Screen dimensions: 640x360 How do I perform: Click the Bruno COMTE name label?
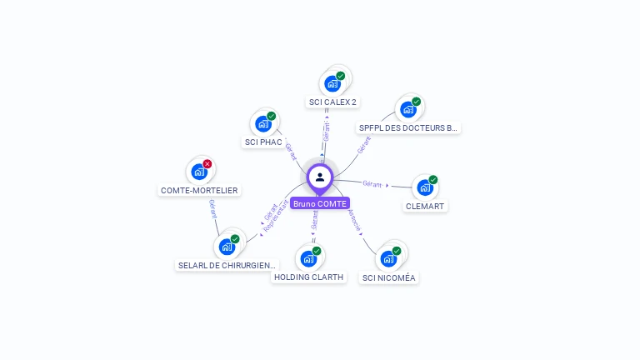320,203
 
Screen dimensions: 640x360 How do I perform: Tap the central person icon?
320,177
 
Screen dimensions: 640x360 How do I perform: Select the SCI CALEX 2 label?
332,102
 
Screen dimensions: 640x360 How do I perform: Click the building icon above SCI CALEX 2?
332,83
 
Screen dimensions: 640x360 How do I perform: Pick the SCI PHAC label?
263,142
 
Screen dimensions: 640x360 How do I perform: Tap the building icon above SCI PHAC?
263,124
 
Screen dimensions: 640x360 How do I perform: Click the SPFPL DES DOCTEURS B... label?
408,128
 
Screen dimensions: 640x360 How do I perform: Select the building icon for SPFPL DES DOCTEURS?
407,109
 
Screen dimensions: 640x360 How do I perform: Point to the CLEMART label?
425,206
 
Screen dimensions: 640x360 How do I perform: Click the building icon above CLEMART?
425,187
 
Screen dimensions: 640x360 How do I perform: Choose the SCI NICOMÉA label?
388,278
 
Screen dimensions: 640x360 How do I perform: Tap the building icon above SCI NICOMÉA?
388,258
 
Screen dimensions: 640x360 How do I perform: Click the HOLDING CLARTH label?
308,277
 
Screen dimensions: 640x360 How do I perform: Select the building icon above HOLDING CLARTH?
308,258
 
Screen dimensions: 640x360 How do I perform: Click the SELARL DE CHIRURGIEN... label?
227,266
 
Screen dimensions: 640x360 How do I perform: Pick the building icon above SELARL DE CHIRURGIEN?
227,247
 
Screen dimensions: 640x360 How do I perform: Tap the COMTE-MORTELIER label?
199,191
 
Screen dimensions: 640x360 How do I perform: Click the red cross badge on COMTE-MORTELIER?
207,163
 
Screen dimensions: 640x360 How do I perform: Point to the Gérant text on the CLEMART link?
372,183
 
